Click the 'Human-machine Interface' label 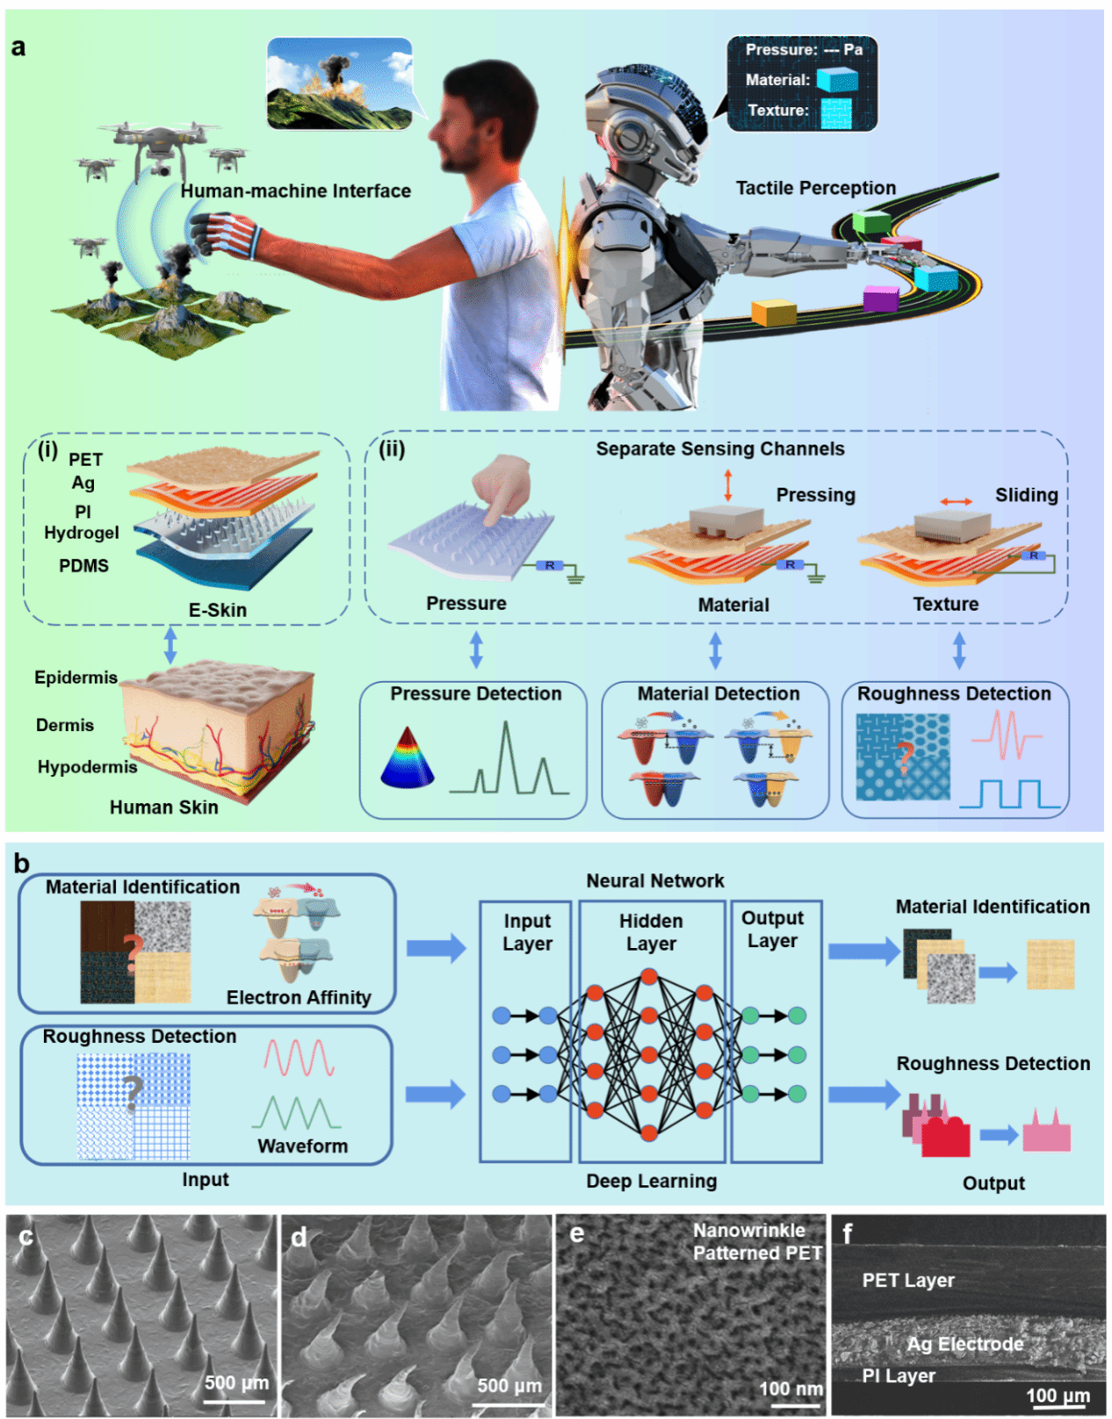coord(295,191)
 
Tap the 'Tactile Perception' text coord(815,188)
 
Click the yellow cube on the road coord(773,313)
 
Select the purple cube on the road coord(880,299)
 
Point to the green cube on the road coord(871,222)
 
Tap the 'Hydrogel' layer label coord(82,532)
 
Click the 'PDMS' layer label coord(83,566)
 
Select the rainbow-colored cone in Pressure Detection coord(407,757)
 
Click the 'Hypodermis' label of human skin coord(87,767)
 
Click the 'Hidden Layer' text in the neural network coord(651,932)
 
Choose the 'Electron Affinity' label coord(299,997)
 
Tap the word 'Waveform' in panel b coord(302,1146)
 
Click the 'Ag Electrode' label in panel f coord(964,1344)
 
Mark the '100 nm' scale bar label coord(791,1388)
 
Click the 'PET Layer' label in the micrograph coord(907,1280)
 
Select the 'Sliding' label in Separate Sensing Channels coord(1026,496)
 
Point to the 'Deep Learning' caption coord(651,1181)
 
